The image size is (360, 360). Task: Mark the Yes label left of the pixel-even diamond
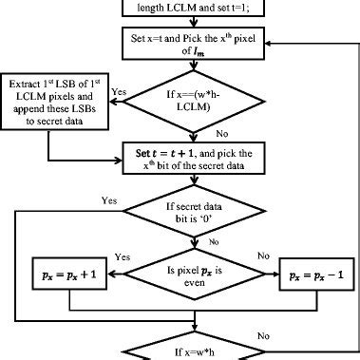(122, 256)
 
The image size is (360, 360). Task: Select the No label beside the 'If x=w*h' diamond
(276, 332)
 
